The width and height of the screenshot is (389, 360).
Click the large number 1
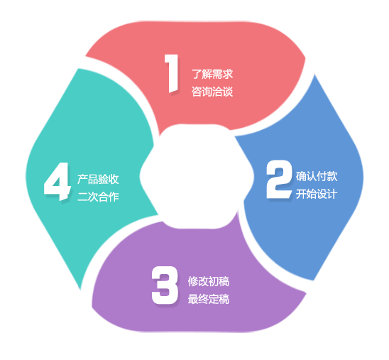point(172,74)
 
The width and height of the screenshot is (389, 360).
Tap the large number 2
point(279,180)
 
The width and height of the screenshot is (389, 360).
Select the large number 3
point(165,285)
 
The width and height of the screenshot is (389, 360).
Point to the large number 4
point(57,181)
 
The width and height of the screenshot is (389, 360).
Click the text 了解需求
point(212,74)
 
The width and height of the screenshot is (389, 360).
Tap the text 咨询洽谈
point(212,92)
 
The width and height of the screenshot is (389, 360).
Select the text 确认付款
point(317,176)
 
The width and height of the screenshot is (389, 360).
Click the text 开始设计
point(317,194)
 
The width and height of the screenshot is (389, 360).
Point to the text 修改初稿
point(209,281)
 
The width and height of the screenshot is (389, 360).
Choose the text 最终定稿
point(209,299)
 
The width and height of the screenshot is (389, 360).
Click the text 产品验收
point(98,179)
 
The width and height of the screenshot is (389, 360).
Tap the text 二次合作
point(98,197)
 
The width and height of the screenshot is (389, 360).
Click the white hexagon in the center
point(197,176)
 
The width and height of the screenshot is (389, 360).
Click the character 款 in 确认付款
point(332,176)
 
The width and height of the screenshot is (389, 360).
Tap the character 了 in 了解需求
point(197,74)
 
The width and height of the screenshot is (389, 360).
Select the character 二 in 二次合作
point(83,197)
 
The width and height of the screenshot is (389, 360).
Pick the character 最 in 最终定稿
point(193,299)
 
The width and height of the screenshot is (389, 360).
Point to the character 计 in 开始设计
point(332,194)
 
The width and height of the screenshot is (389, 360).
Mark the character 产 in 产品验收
point(83,179)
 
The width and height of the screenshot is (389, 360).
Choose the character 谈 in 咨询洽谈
point(228,92)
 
